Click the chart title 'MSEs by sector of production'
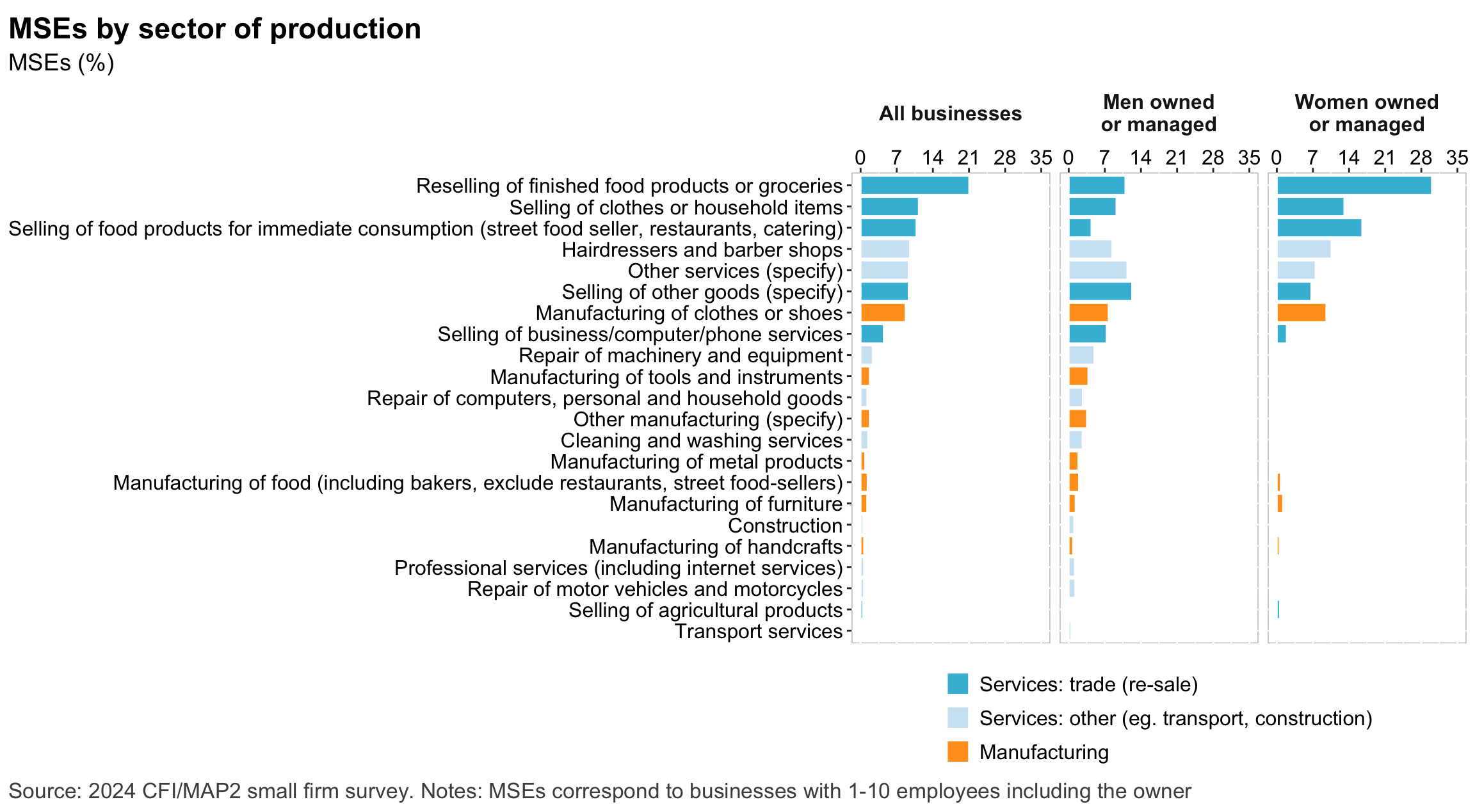[215, 29]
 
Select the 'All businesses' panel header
[950, 113]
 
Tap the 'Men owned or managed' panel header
[1158, 113]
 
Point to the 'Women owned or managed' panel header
[1366, 113]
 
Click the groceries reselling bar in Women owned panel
[1353, 186]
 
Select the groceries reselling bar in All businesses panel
[914, 186]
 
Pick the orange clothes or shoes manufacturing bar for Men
[1088, 313]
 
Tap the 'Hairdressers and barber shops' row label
[702, 250]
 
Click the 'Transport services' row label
[759, 631]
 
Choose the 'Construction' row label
[785, 526]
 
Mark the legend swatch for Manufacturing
[958, 751]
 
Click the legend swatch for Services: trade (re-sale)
[958, 684]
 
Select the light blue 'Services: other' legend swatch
[958, 718]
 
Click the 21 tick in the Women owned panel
[1385, 157]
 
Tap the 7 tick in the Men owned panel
[1104, 157]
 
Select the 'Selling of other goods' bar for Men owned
[1100, 292]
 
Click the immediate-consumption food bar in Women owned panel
[1319, 228]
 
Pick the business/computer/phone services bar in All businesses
[872, 334]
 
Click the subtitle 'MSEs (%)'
[61, 63]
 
